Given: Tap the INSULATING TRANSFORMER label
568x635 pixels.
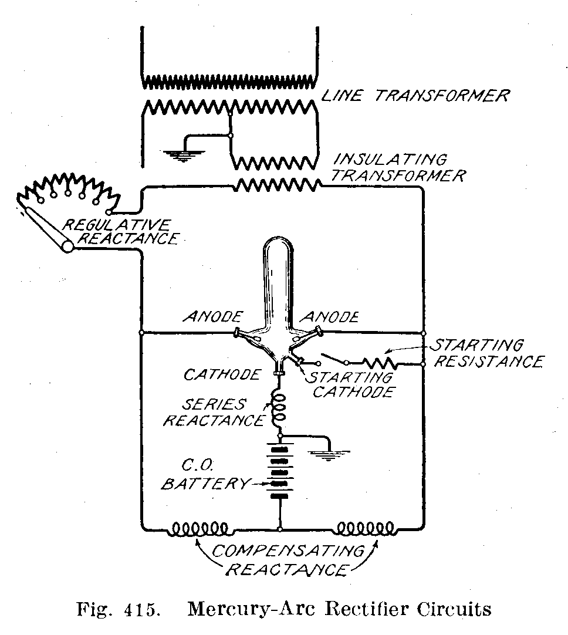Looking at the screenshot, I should (x=399, y=168).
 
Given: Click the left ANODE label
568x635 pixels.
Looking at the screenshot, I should (x=212, y=317).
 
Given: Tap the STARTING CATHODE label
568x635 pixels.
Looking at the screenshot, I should (x=351, y=384).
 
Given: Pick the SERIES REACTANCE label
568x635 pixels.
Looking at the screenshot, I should (x=214, y=413).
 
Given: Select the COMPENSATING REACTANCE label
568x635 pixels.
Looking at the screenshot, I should (x=287, y=560).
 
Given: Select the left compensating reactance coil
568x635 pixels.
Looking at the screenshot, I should (x=200, y=529).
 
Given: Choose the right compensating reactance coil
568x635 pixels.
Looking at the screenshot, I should (x=364, y=529).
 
